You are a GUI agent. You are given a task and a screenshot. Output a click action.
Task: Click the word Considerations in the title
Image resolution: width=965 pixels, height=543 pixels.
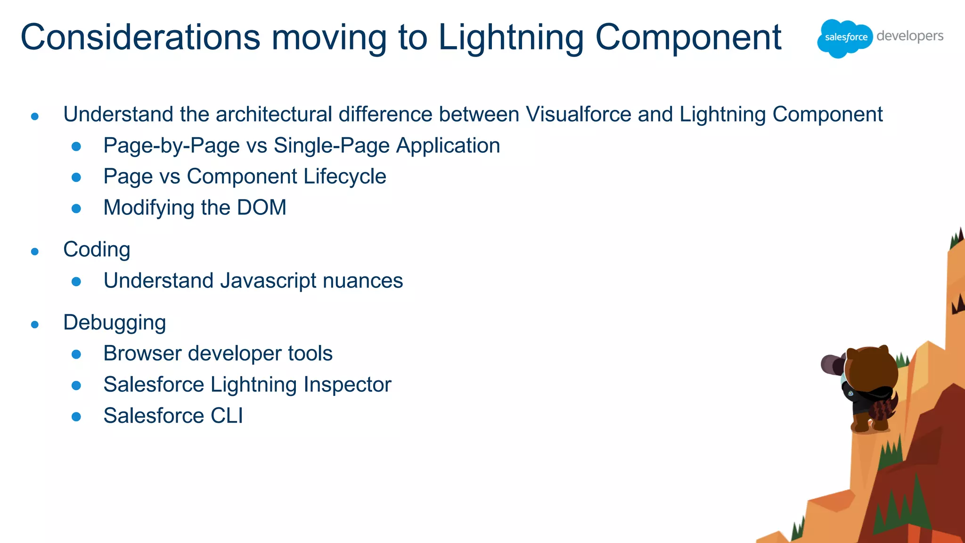(x=140, y=37)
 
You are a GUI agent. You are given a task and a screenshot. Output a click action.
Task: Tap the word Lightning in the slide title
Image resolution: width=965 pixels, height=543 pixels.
(x=511, y=37)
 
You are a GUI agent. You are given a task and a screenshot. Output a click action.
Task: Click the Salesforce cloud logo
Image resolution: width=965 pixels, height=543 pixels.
(x=845, y=38)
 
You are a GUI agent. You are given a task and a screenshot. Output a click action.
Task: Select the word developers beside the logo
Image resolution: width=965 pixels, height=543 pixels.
(x=910, y=36)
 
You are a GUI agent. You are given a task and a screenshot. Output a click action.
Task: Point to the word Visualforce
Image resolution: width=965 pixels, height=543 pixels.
(x=578, y=115)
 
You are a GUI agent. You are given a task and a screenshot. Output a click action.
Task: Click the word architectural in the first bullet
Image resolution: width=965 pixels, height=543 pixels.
(x=274, y=115)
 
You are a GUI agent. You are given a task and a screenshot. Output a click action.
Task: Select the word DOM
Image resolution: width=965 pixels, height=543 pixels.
(x=262, y=208)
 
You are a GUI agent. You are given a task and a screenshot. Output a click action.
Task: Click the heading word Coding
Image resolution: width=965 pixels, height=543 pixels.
(x=97, y=250)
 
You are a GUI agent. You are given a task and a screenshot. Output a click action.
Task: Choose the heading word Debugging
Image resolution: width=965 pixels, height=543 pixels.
(x=114, y=323)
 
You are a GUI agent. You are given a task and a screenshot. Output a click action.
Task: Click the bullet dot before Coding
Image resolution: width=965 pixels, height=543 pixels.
(x=34, y=252)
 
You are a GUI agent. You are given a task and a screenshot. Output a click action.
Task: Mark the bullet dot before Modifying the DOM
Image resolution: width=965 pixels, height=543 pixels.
(x=76, y=208)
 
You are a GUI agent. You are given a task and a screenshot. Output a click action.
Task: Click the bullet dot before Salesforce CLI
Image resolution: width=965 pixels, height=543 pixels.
(x=76, y=417)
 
